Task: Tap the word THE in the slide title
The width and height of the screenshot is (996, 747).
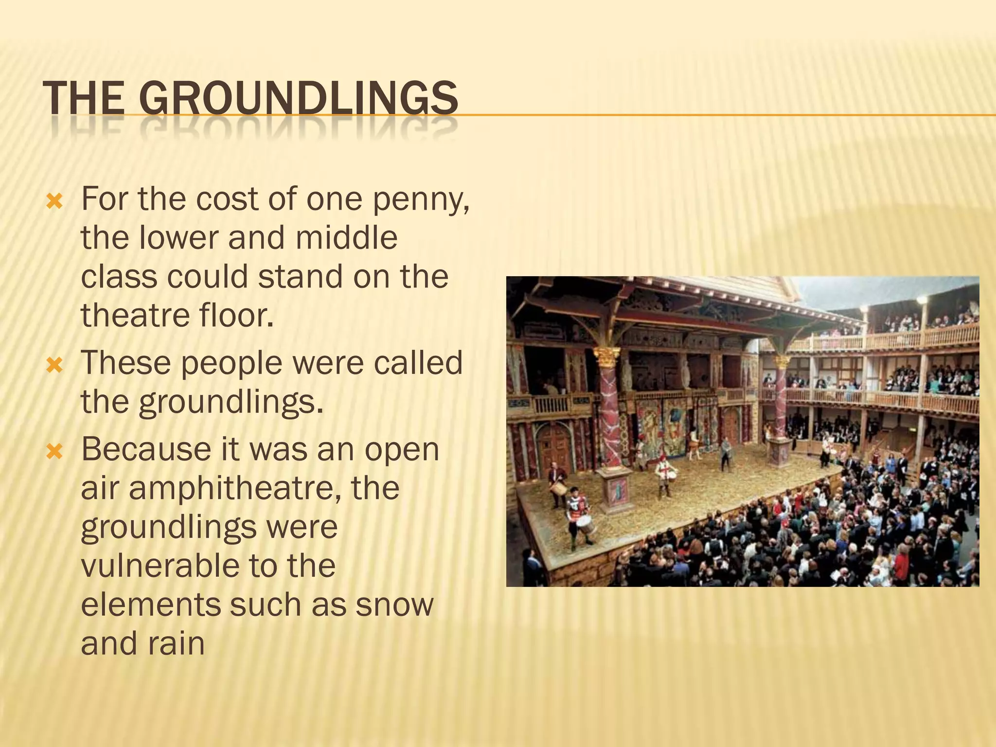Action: [84, 98]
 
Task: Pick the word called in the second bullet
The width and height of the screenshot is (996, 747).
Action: [418, 363]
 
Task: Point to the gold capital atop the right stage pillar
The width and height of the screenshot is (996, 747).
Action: [782, 362]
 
